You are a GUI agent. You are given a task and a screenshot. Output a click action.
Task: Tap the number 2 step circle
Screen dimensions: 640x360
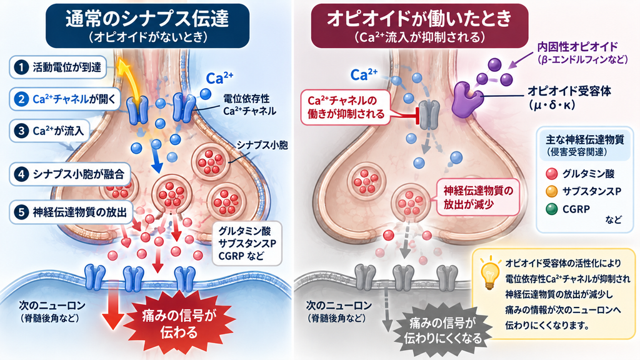coord(21,99)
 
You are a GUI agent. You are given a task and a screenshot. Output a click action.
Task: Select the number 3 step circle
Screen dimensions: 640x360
coord(21,131)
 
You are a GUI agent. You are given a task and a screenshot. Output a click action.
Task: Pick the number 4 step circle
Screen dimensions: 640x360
coord(21,174)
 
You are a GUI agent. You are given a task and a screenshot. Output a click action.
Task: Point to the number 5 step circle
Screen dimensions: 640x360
coord(21,212)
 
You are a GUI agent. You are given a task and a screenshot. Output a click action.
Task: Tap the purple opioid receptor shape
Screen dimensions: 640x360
coord(466,99)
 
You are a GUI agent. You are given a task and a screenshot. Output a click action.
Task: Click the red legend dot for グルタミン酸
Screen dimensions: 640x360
coord(551,174)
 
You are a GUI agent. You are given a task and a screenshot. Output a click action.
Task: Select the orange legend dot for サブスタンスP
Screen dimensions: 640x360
coord(551,191)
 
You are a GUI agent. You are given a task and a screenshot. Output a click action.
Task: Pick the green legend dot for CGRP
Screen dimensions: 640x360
coord(551,209)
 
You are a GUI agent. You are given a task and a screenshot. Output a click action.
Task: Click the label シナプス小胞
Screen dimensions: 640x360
coord(262,146)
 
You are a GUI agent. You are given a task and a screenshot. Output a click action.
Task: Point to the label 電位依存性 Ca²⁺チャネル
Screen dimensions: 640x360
coord(249,105)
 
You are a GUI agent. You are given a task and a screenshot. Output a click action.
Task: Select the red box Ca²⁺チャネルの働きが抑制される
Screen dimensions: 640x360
coord(346,107)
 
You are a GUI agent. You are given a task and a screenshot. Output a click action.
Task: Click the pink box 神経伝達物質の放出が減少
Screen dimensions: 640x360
coord(478,197)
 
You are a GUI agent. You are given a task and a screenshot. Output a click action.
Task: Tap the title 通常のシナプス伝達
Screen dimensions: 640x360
coord(147,18)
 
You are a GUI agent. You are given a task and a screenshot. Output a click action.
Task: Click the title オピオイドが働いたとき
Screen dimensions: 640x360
coord(419,18)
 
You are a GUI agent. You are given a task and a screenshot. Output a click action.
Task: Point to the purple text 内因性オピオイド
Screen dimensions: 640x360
coord(577,46)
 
